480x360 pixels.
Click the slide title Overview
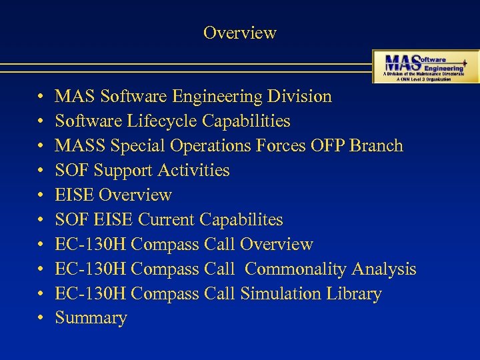[x=239, y=33]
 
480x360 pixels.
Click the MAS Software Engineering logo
[x=425, y=66]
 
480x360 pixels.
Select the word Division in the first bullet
[x=299, y=97]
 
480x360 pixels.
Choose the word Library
[x=352, y=294]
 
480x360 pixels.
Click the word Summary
[x=91, y=319]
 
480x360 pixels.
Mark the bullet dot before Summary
[x=41, y=319]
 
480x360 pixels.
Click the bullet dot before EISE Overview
[x=41, y=195]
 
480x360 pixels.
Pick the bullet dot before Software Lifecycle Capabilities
[x=41, y=121]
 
